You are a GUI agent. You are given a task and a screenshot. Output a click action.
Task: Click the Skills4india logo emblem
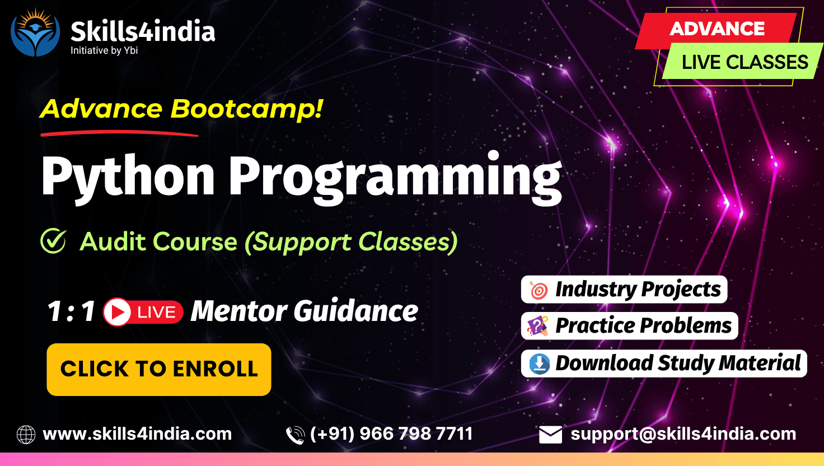[35, 32]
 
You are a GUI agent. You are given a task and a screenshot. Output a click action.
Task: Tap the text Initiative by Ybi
[104, 50]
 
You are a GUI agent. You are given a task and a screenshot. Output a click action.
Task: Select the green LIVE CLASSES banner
[743, 61]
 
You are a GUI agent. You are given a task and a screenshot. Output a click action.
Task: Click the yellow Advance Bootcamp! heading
[181, 109]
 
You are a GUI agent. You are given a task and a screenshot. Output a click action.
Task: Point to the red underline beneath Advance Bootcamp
[120, 133]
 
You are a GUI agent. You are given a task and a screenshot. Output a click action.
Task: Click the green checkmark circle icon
[54, 241]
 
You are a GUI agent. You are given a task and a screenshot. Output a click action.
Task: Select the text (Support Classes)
[352, 242]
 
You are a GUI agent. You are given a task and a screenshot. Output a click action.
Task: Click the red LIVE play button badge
[143, 312]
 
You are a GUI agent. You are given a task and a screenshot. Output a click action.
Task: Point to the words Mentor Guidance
[305, 311]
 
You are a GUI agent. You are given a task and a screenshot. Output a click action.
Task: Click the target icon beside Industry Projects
[539, 290]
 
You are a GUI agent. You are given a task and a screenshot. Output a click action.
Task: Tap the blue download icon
[539, 364]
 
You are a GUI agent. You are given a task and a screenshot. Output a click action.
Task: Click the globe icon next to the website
[26, 434]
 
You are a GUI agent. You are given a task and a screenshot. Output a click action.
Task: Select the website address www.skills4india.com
[137, 434]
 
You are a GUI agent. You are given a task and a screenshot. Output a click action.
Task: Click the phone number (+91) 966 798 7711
[391, 434]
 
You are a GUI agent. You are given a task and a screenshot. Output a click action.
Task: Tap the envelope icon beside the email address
[550, 435]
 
